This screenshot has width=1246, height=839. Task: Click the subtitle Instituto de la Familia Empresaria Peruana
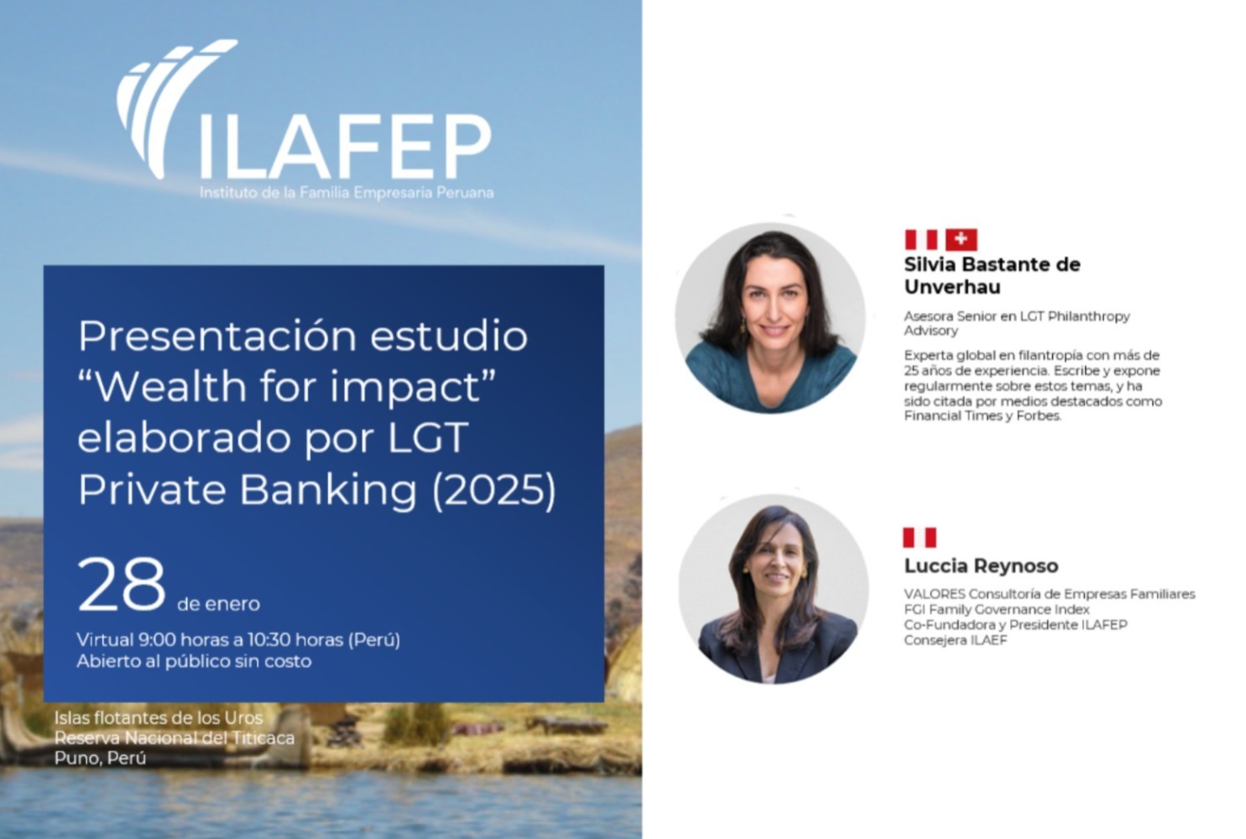(x=347, y=193)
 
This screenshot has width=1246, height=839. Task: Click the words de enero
(x=219, y=603)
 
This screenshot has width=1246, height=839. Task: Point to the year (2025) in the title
(x=494, y=490)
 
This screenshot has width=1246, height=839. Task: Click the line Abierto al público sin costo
(x=194, y=661)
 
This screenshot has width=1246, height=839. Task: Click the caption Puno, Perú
(x=100, y=758)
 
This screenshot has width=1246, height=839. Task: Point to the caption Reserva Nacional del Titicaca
(x=175, y=737)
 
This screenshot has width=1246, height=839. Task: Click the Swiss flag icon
(x=962, y=240)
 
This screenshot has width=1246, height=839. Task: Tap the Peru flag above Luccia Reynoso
(x=920, y=538)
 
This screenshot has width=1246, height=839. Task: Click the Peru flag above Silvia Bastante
(x=921, y=240)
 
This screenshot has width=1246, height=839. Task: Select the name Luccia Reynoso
(x=981, y=565)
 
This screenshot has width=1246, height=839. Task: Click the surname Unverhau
(x=952, y=287)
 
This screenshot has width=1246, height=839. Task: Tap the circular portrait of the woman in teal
(x=771, y=318)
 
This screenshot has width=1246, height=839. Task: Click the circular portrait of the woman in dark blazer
(x=774, y=589)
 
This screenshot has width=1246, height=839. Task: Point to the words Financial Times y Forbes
(x=983, y=416)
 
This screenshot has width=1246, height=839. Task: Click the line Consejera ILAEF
(x=956, y=640)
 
